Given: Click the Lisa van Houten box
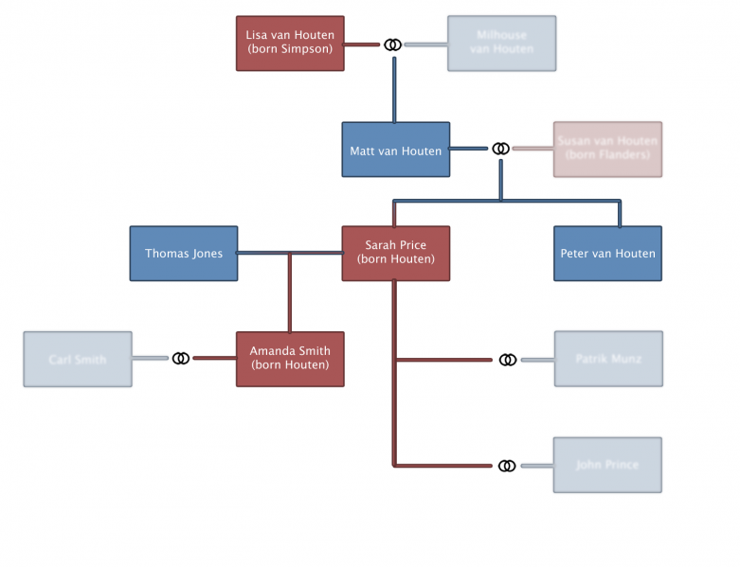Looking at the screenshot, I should click(290, 43).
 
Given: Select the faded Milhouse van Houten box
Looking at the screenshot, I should click(501, 43).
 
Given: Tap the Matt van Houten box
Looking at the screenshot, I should click(395, 150).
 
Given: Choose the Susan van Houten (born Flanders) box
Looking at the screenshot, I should click(607, 149).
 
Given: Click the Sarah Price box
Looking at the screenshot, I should click(395, 253).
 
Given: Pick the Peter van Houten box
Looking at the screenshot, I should click(607, 254).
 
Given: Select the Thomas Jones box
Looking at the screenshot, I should click(184, 254).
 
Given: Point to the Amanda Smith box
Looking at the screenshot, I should click(290, 359).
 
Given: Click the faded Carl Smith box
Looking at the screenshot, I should click(78, 360).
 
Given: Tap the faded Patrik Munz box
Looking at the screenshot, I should click(607, 359).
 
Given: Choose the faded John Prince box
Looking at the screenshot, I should click(607, 465).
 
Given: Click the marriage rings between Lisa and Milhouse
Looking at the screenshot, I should click(392, 44).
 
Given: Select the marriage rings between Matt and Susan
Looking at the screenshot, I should click(500, 149).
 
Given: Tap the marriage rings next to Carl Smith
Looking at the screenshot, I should click(181, 358).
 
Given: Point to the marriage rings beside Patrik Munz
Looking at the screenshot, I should click(508, 360).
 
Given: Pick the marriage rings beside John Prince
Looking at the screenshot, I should click(508, 466).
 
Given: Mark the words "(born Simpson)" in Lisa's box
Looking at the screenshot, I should click(290, 49).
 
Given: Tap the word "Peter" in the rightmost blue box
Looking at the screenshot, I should click(575, 254).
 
